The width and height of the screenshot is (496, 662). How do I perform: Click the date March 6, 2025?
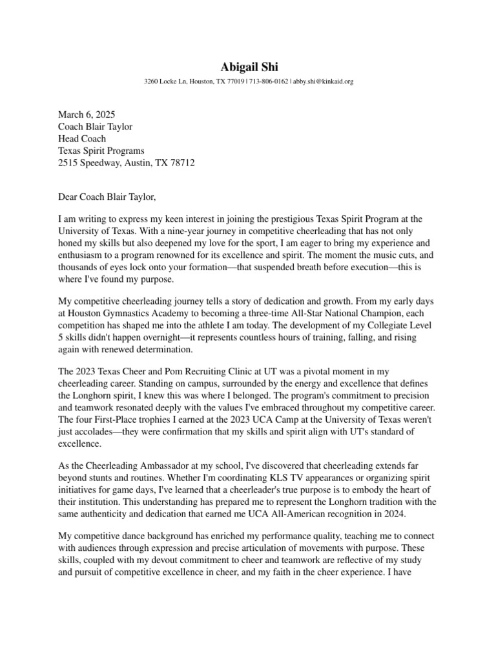point(87,114)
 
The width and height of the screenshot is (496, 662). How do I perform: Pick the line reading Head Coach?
point(82,139)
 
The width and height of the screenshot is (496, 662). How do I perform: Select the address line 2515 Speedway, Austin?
point(126,164)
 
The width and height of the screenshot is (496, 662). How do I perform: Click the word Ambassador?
point(161,465)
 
